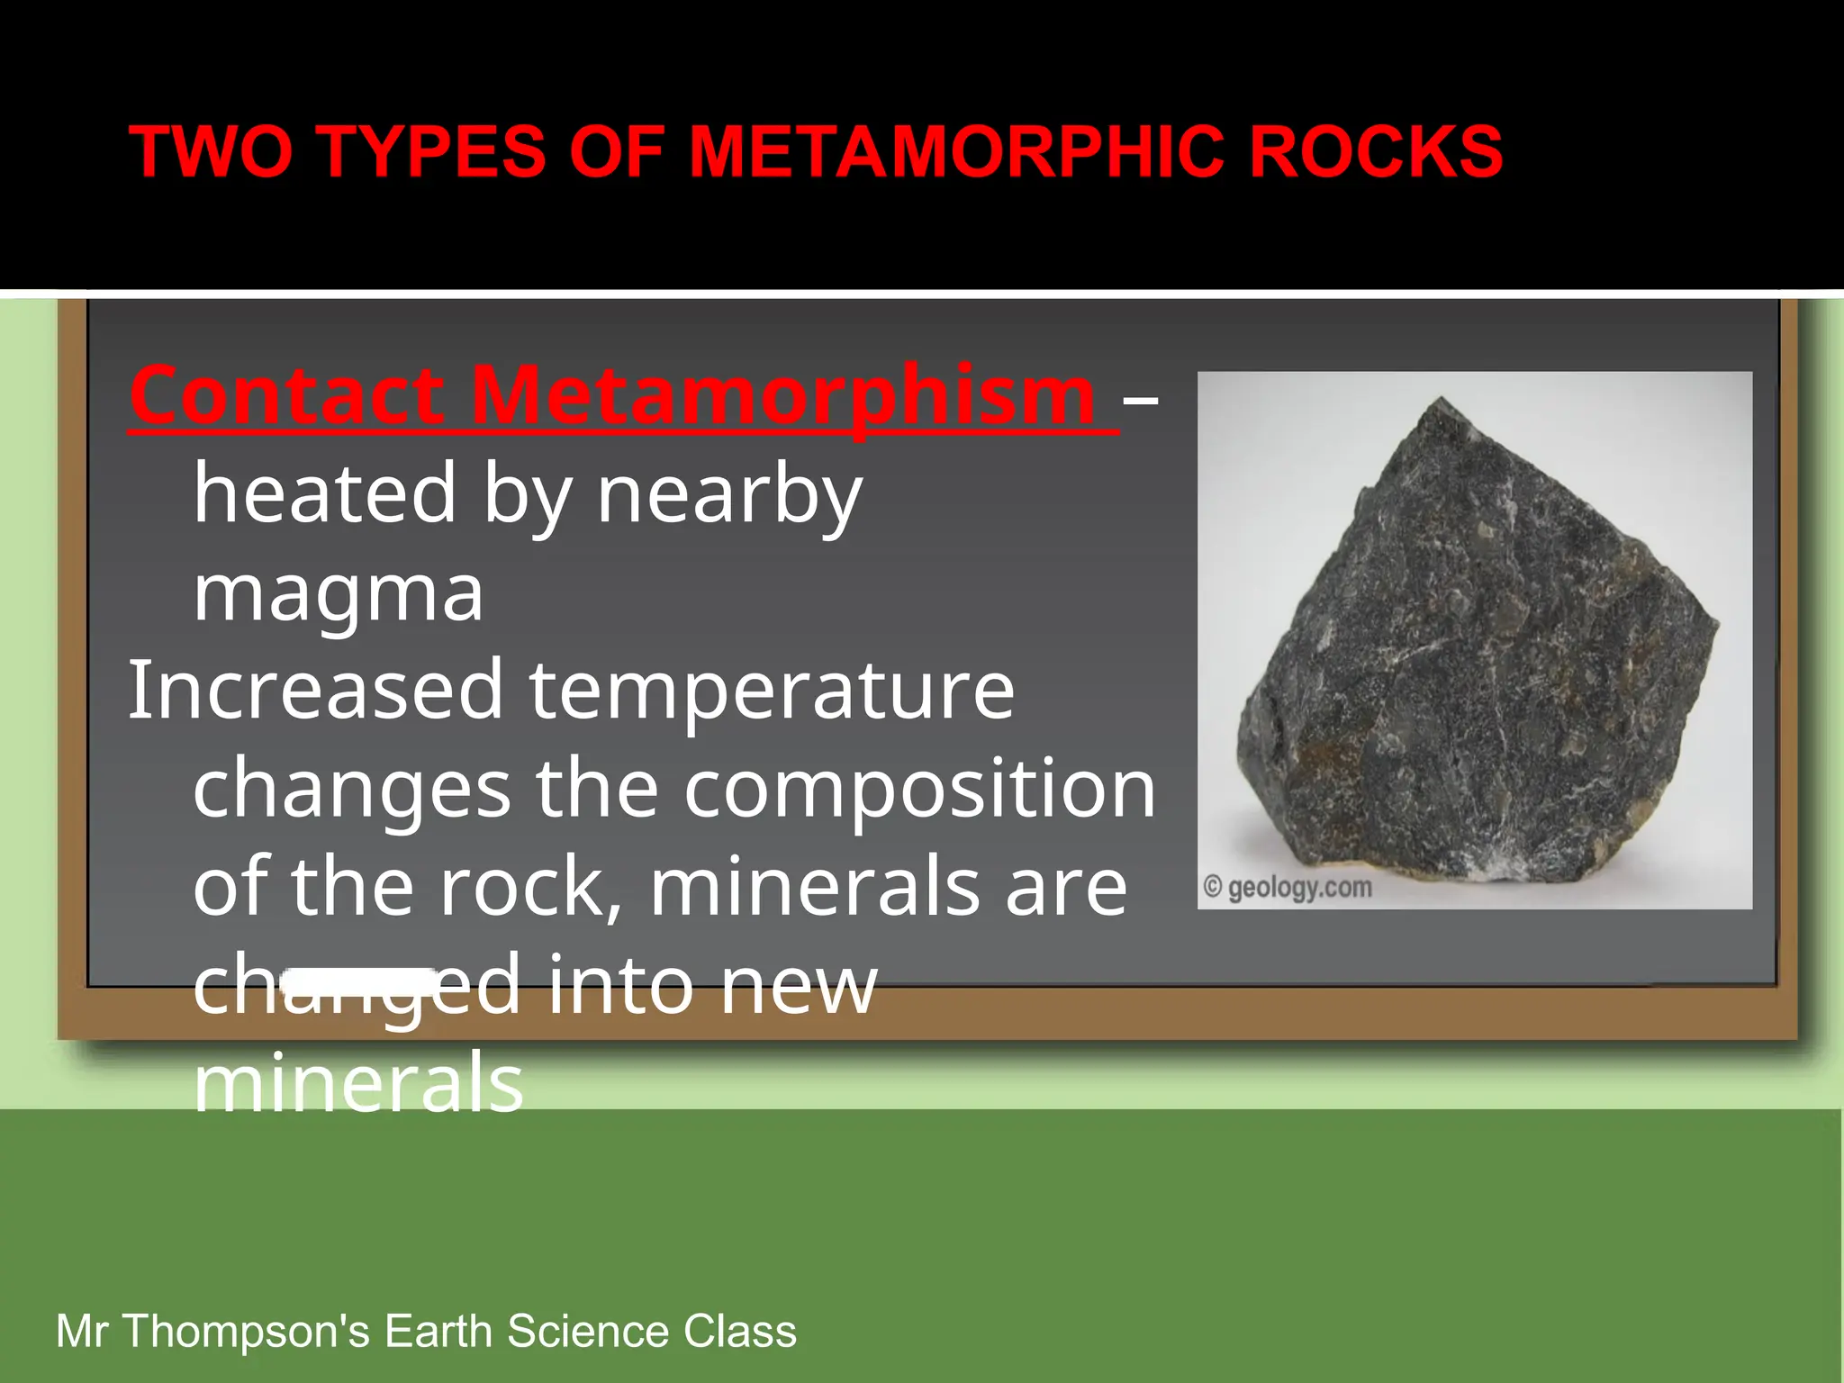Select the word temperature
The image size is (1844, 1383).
772,691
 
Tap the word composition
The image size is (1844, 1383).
919,790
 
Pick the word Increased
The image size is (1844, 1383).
315,691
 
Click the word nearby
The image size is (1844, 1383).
729,494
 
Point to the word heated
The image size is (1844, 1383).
325,494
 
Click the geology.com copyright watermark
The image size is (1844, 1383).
1288,888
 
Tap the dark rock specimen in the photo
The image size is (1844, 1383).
1477,648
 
